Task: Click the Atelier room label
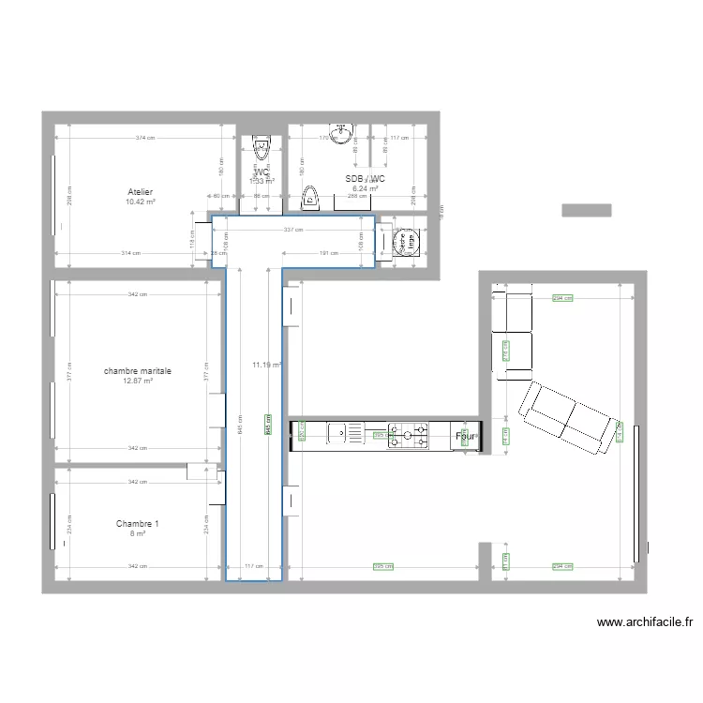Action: click(x=141, y=191)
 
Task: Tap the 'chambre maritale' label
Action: click(x=138, y=371)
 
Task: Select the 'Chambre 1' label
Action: click(x=138, y=523)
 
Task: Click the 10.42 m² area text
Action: click(x=141, y=202)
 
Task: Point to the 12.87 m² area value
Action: click(x=138, y=381)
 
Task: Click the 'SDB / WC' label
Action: click(x=365, y=179)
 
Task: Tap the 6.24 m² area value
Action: click(x=365, y=188)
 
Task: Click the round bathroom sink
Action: click(x=339, y=131)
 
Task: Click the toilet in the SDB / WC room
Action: click(x=310, y=198)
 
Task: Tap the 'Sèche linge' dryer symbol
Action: click(x=407, y=242)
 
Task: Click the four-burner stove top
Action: click(x=410, y=433)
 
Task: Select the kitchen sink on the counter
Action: click(x=346, y=432)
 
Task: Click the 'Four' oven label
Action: click(x=466, y=436)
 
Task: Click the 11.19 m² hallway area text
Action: click(x=266, y=365)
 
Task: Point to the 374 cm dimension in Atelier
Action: click(x=143, y=139)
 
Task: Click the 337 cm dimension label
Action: click(x=293, y=230)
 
